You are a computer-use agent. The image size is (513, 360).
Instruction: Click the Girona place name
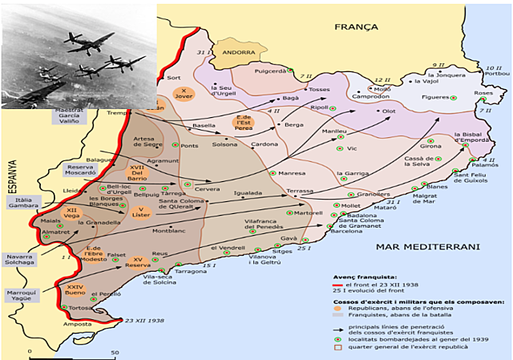pos(430,146)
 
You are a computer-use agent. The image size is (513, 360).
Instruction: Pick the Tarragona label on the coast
pos(192,272)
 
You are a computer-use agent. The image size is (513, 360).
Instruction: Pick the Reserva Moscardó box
pos(85,171)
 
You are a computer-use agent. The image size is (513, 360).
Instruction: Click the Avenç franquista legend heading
pos(360,275)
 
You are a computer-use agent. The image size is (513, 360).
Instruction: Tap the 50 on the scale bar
pos(115,352)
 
